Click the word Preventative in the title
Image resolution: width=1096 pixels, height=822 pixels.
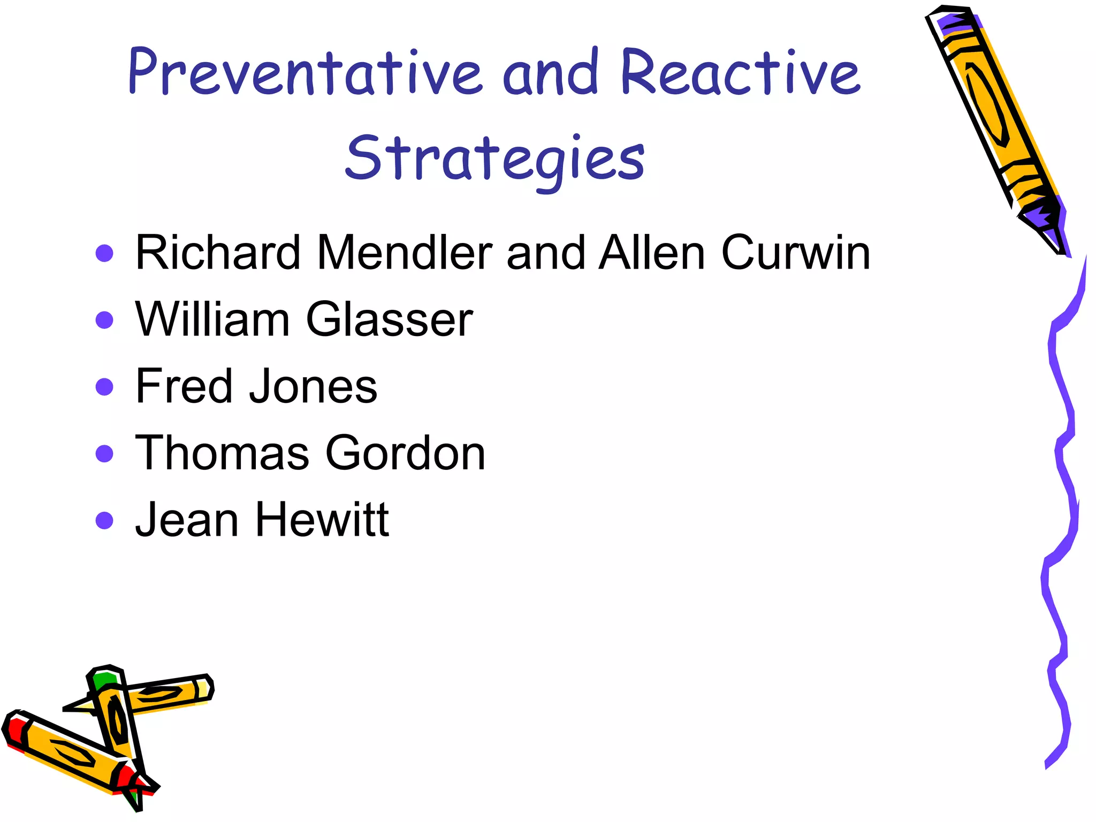[305, 72]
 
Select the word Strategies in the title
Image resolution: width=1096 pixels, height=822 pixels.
[495, 158]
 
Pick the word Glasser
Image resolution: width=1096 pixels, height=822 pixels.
[389, 319]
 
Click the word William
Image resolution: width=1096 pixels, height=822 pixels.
[212, 319]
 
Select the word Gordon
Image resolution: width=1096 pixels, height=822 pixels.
[405, 453]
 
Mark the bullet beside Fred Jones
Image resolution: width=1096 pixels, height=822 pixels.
[104, 386]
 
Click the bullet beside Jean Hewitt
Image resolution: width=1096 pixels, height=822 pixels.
[104, 520]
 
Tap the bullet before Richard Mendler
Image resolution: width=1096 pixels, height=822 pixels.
[104, 253]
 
